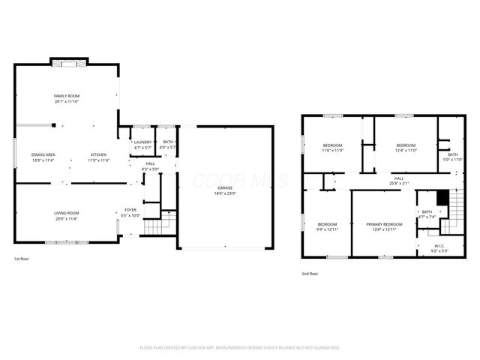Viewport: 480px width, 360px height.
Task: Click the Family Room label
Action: pyautogui.click(x=67, y=96)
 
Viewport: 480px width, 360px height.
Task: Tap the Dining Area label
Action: pyautogui.click(x=43, y=154)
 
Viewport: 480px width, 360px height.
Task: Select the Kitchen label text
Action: pyautogui.click(x=99, y=154)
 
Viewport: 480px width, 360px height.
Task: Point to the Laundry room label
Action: pyautogui.click(x=142, y=142)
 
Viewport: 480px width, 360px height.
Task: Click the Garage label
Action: pyautogui.click(x=225, y=187)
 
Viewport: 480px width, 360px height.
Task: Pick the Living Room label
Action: pyautogui.click(x=67, y=213)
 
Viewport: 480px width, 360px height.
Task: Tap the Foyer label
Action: pyautogui.click(x=130, y=210)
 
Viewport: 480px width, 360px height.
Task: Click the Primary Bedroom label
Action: pyautogui.click(x=384, y=224)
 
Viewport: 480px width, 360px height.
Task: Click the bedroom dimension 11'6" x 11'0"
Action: pyautogui.click(x=333, y=151)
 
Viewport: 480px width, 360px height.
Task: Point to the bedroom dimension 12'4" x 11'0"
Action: pyautogui.click(x=406, y=151)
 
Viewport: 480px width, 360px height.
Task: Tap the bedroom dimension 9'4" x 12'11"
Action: pyautogui.click(x=327, y=229)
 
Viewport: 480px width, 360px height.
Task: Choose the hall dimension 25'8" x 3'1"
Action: pyautogui.click(x=399, y=183)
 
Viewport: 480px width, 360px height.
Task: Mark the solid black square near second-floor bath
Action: pyautogui.click(x=442, y=197)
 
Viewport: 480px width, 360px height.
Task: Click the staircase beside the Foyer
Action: pyautogui.click(x=153, y=225)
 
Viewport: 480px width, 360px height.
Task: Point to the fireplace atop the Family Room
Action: pyautogui.click(x=69, y=63)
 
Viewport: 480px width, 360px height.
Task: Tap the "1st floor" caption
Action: pyautogui.click(x=22, y=259)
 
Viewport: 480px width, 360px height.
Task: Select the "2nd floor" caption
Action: pyautogui.click(x=310, y=274)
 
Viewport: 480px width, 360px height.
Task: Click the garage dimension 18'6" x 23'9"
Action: pyautogui.click(x=225, y=193)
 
